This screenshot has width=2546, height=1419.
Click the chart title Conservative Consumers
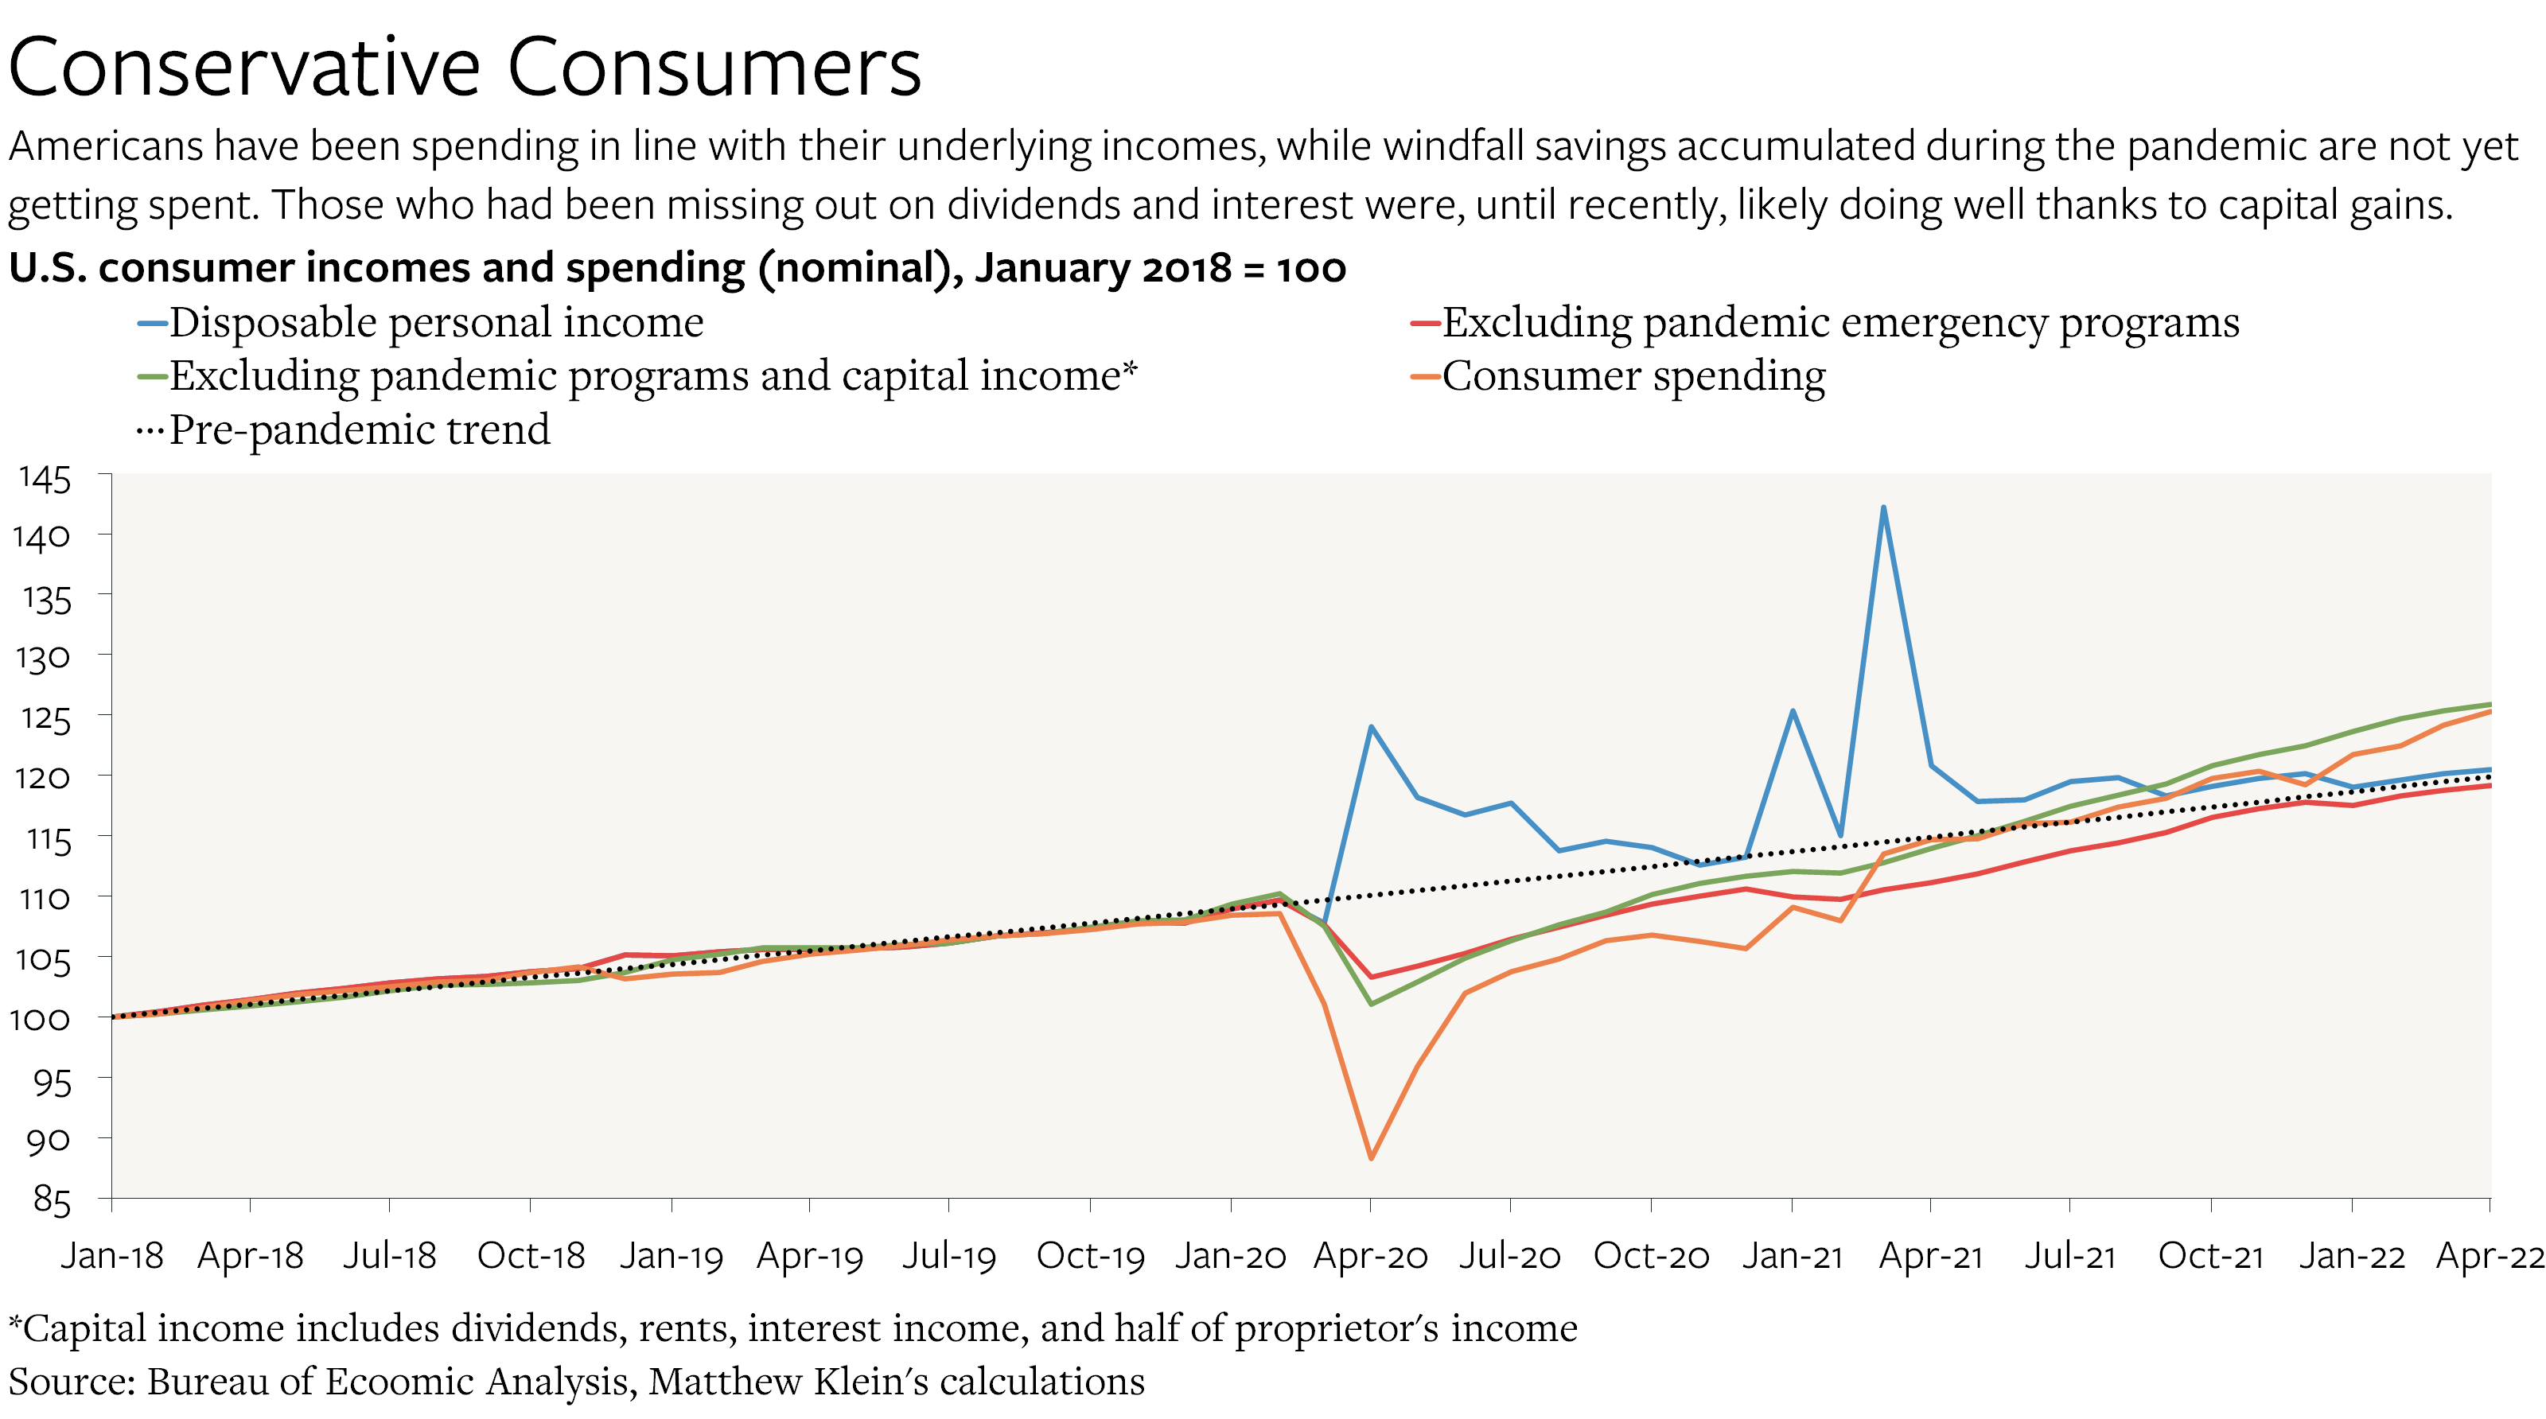(x=465, y=67)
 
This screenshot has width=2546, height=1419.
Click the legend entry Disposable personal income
(x=435, y=322)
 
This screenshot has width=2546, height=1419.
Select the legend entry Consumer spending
(x=1633, y=376)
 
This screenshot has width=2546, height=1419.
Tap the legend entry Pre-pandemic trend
(x=358, y=430)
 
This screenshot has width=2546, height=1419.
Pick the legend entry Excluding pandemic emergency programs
(x=1839, y=322)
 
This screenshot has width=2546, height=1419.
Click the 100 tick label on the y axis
(x=41, y=1019)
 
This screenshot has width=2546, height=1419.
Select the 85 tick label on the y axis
(x=52, y=1200)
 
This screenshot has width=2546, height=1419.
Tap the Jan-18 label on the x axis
(x=111, y=1256)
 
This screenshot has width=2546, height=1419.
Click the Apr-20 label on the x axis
(x=1370, y=1256)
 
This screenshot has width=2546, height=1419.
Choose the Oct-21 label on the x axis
(x=2210, y=1256)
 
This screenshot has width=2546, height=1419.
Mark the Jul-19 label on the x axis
(x=949, y=1256)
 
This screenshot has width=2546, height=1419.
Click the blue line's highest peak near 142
(x=1882, y=508)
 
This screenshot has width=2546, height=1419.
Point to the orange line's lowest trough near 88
(x=1371, y=1157)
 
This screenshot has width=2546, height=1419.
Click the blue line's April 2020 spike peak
(x=1371, y=727)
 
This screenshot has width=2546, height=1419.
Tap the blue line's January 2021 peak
(x=1792, y=710)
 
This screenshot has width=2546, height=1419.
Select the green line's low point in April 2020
(x=1371, y=1004)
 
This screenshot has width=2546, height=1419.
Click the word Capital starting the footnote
(x=84, y=1328)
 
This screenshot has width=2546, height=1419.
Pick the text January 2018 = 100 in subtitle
(x=1160, y=268)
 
